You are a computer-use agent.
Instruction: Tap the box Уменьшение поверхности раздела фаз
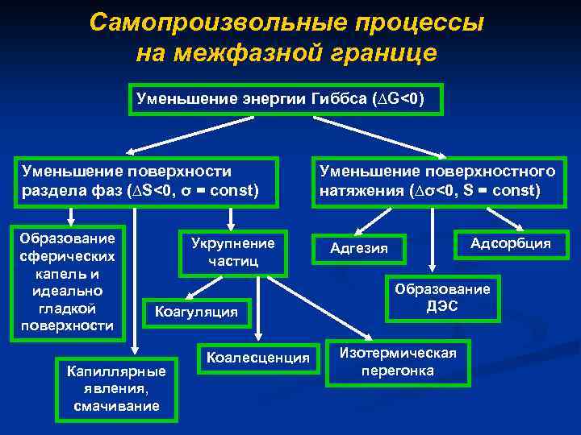145,181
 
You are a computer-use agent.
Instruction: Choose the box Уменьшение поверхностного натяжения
437,181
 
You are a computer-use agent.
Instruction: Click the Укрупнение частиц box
232,251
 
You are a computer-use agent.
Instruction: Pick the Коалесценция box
258,357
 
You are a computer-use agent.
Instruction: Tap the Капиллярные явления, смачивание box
116,388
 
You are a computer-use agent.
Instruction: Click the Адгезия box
359,248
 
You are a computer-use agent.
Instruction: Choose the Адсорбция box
511,242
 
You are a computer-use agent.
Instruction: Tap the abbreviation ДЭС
441,306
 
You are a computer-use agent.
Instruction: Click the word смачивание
116,406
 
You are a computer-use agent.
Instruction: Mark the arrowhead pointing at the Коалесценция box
258,340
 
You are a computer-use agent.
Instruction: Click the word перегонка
398,371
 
